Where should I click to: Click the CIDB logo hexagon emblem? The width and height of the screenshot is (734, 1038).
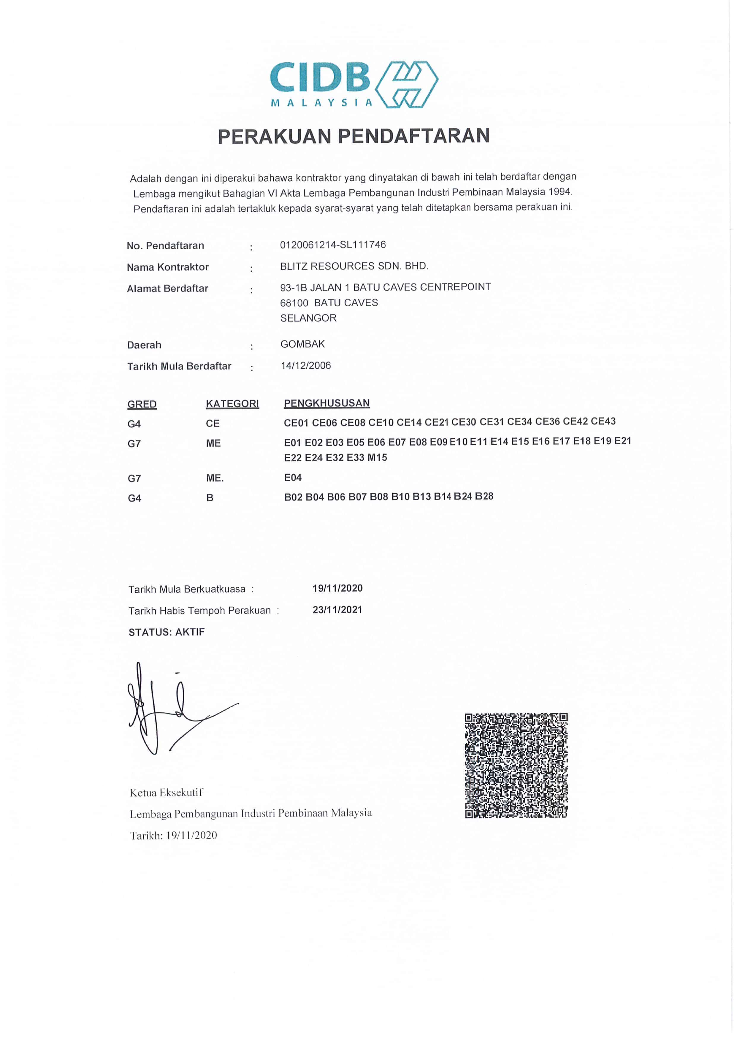point(407,85)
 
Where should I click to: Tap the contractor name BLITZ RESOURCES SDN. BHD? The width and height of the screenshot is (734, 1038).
point(354,266)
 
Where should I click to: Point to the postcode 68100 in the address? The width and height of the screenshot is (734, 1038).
point(294,303)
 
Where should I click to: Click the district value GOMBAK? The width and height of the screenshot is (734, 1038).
point(302,344)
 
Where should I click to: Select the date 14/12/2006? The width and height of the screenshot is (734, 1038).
point(305,365)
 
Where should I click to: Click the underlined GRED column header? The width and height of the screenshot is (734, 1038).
point(142,404)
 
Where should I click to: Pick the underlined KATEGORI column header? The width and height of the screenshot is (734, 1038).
point(232,404)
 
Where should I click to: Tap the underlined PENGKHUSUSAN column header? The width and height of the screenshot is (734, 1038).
point(327,403)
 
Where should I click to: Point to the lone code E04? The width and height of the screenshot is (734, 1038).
point(293,477)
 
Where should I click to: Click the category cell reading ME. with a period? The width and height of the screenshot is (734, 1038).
point(215,478)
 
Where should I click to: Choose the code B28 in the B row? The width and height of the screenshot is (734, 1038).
point(484,496)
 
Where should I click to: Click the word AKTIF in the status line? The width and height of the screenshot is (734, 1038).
point(190,632)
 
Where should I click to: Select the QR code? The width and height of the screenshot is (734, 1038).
point(516,766)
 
